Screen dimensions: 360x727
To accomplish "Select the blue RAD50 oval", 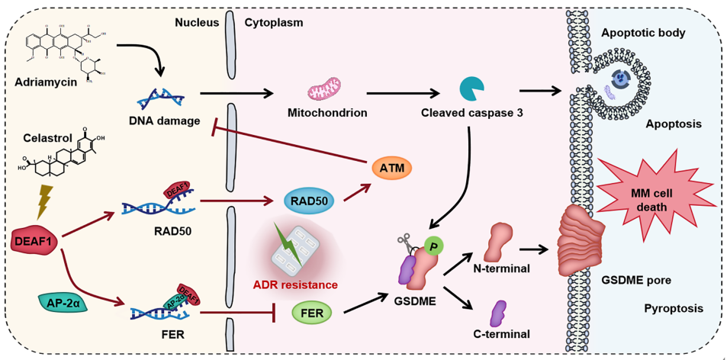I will pyautogui.click(x=307, y=201).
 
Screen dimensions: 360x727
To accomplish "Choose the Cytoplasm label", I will pyautogui.click(x=274, y=22).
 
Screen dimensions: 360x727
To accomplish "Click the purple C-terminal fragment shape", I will pyautogui.click(x=500, y=312).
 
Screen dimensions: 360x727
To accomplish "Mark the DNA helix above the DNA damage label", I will pyautogui.click(x=161, y=98).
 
